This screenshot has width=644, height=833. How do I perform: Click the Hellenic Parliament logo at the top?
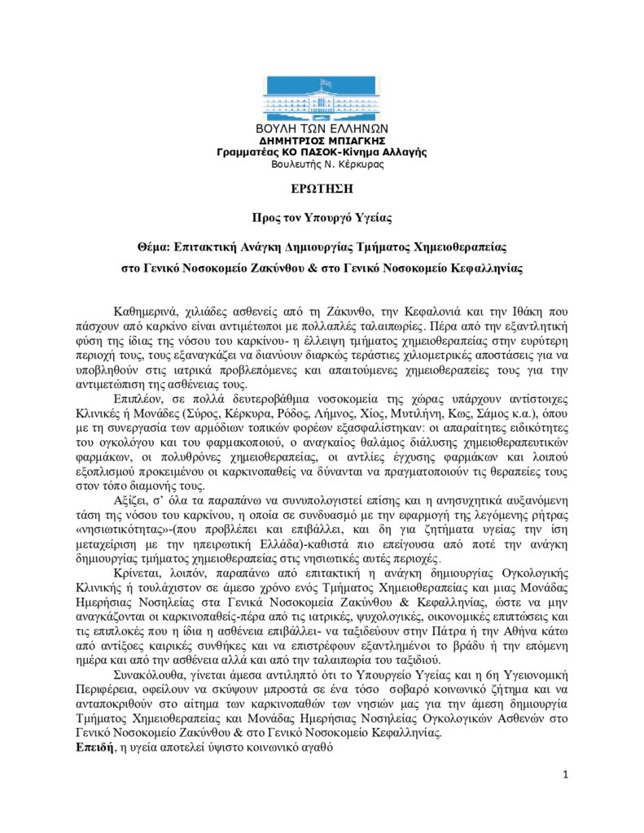click(x=322, y=98)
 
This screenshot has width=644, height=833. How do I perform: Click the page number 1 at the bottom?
click(x=565, y=774)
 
